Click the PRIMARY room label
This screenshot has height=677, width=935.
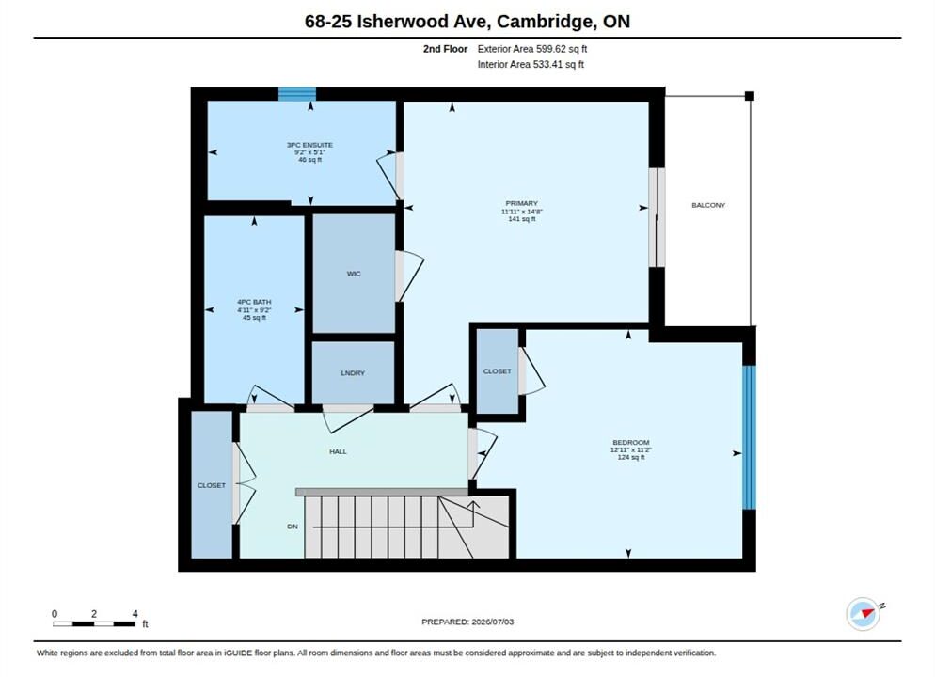[x=522, y=203]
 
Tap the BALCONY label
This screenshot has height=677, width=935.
[x=708, y=205]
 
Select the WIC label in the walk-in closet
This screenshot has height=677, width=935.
[x=354, y=274]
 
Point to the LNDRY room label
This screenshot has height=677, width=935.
[x=353, y=373]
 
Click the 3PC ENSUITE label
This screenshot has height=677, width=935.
[x=310, y=145]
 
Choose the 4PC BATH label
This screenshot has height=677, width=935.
[x=254, y=302]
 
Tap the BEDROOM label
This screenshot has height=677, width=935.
[x=631, y=442]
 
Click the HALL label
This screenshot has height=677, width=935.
[x=338, y=451]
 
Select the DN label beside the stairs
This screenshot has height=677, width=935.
[x=293, y=527]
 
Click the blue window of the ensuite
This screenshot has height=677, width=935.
[x=297, y=94]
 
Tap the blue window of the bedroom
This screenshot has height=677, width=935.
[x=749, y=437]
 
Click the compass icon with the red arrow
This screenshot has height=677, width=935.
[x=864, y=613]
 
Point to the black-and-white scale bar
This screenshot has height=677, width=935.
[x=94, y=624]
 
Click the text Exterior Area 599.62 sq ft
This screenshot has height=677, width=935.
[x=532, y=49]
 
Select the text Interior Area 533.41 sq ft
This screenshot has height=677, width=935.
[x=531, y=64]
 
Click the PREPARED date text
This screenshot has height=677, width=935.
[x=467, y=622]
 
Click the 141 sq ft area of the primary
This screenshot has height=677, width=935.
[x=522, y=219]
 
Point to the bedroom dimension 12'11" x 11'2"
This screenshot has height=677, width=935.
[x=631, y=450]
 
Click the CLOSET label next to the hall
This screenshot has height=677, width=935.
[x=212, y=486]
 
